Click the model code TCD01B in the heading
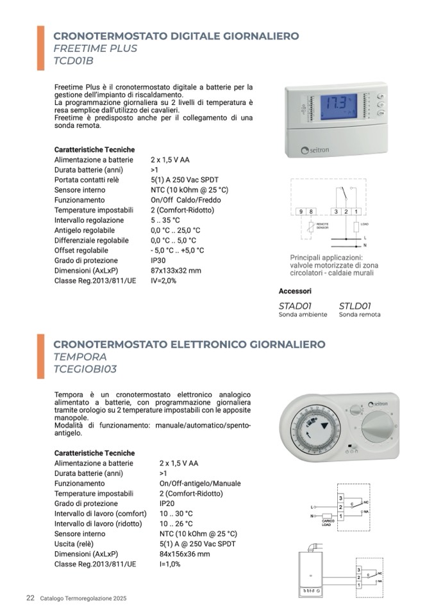pos(74,61)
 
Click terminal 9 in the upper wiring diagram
pos(301,211)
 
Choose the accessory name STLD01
pos(355,305)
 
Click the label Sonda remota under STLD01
pos(360,314)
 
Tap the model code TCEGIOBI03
pos(86,369)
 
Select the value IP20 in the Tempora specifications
pos(167,504)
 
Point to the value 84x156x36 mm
pos(185,554)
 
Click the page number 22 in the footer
pos(30,598)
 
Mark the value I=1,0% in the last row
pos(170,564)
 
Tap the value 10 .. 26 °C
pos(176,524)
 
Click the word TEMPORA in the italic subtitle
pos(80,357)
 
